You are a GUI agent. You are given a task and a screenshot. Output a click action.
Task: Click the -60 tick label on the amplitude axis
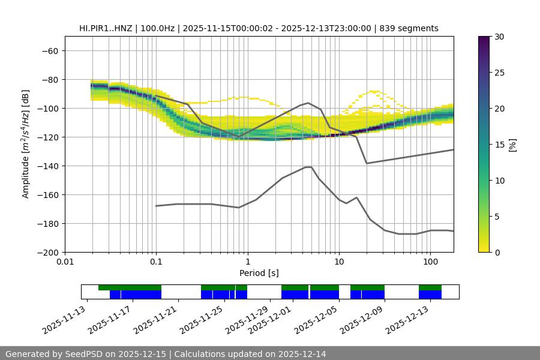pos(49,50)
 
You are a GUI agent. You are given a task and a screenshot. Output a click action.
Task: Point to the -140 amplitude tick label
pos(47,166)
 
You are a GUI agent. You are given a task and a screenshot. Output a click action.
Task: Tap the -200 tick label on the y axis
pos(47,252)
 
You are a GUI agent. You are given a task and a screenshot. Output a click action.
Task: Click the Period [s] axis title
pos(259,273)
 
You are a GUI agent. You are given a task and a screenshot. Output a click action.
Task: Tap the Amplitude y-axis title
pos(25,144)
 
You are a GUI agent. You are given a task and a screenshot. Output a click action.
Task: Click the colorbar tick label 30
pos(499,37)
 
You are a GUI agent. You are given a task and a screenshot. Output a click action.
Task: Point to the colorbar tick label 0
pos(497,252)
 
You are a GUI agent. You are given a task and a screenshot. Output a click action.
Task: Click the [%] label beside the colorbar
pos(512,144)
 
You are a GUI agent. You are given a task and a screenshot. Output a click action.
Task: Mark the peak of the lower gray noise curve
pos(308,167)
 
